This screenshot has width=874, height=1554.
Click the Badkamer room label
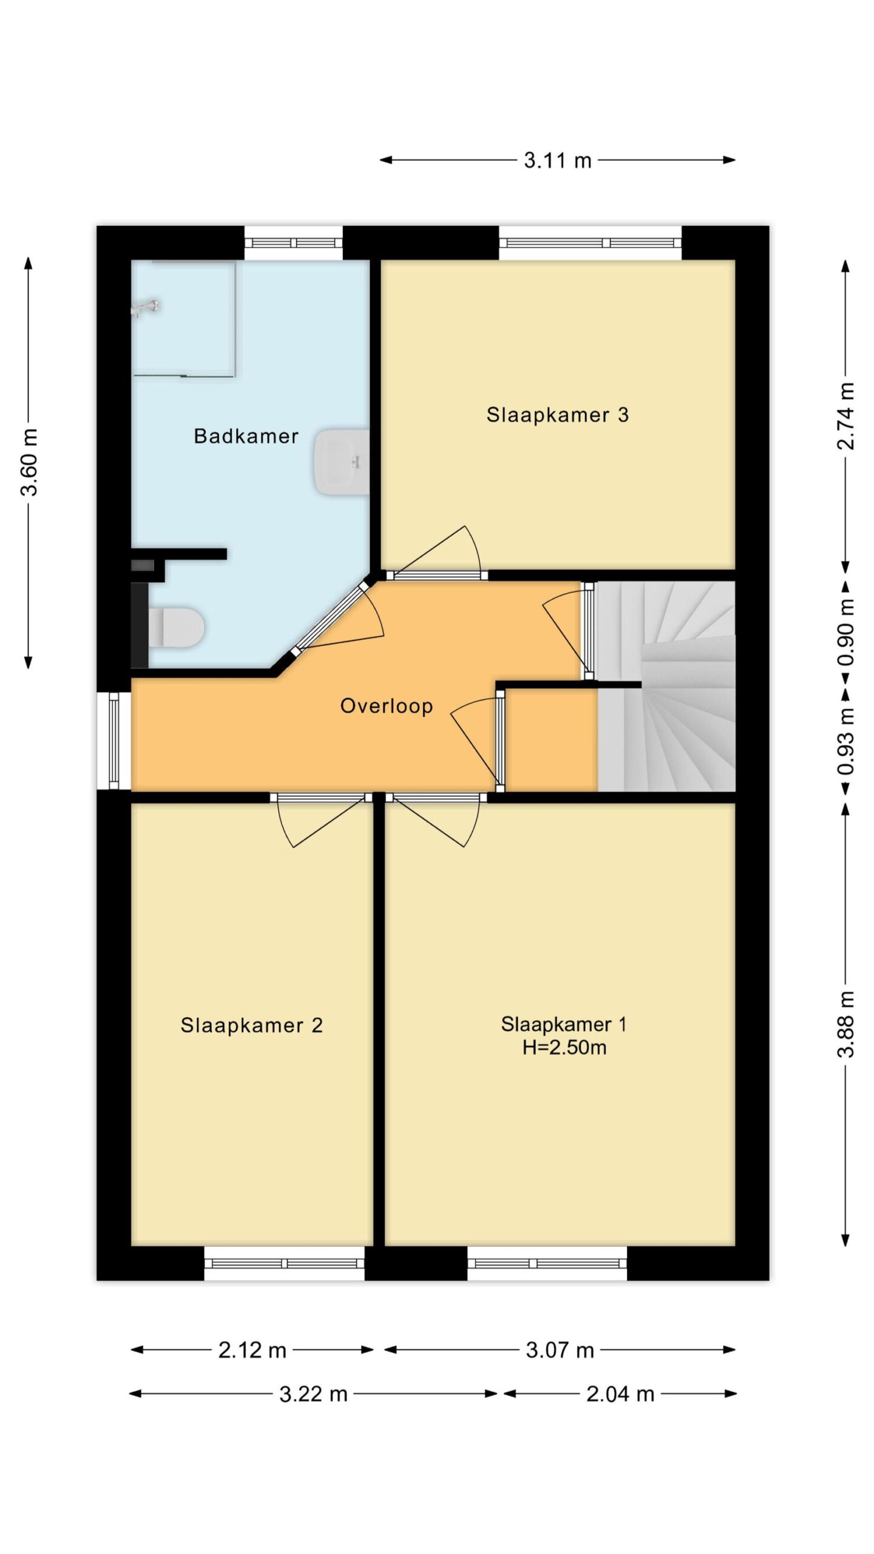246,436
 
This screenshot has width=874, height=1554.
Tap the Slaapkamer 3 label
557,415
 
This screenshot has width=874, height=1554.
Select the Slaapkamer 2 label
251,1025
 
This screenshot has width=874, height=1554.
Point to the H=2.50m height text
564,1047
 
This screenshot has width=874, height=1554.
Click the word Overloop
387,705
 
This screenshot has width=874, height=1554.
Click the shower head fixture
146,307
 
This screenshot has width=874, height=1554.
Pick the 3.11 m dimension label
558,160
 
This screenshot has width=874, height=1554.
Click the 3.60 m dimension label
29,462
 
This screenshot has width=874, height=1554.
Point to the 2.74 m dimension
845,416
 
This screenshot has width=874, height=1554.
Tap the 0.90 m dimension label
845,632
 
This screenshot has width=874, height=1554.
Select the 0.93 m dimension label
845,742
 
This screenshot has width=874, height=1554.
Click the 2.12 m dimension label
252,1350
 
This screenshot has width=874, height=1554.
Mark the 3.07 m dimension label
560,1350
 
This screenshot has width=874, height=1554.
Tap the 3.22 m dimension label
313,1394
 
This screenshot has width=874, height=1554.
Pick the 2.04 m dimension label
620,1394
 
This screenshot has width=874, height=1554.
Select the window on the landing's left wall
114,741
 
